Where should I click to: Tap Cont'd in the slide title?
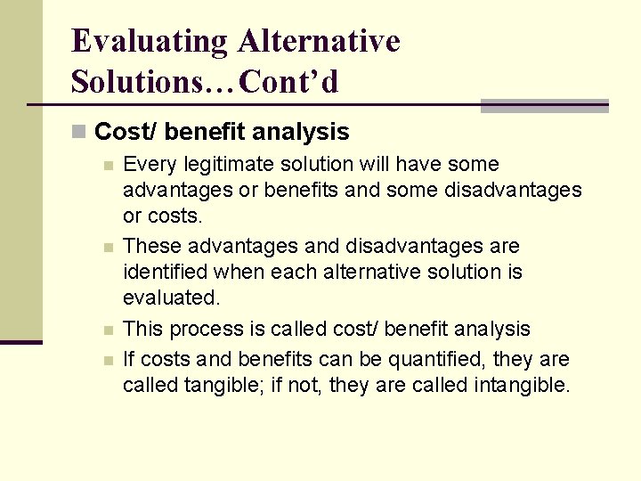point(289,82)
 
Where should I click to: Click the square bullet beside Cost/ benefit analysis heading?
point(78,133)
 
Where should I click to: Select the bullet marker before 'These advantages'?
point(107,247)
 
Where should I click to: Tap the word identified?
point(166,272)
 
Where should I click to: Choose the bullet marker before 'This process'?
point(107,330)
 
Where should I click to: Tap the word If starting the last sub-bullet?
point(129,360)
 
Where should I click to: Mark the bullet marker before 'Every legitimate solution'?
point(107,166)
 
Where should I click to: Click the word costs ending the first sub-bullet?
point(175,216)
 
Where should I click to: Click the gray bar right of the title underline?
point(544,106)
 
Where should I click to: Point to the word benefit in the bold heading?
point(206,133)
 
